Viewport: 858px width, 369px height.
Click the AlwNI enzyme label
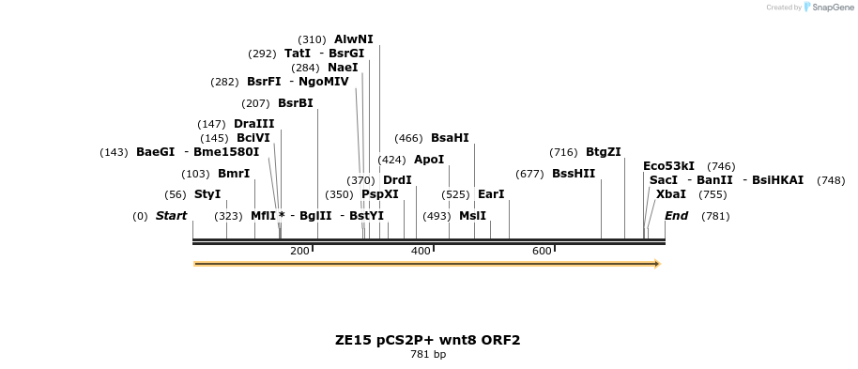pos(353,39)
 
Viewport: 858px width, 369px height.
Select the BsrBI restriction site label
pos(295,103)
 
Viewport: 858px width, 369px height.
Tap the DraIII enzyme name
pos(253,124)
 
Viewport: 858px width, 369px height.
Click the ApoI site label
pos(428,160)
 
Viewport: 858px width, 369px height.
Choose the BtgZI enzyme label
pos(603,152)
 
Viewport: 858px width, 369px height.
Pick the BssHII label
pos(573,174)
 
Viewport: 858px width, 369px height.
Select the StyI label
pos(207,194)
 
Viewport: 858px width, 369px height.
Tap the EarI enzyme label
pos(491,194)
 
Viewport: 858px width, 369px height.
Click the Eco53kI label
pos(668,166)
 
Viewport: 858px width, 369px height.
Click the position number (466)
pos(408,138)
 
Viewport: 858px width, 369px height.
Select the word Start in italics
pos(171,216)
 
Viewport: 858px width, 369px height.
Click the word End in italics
pos(676,216)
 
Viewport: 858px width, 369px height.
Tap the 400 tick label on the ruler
pos(421,251)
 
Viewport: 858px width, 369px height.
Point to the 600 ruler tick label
pos(542,251)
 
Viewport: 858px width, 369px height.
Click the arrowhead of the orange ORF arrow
pos(656,264)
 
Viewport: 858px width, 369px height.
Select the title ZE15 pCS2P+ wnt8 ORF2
pos(428,340)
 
